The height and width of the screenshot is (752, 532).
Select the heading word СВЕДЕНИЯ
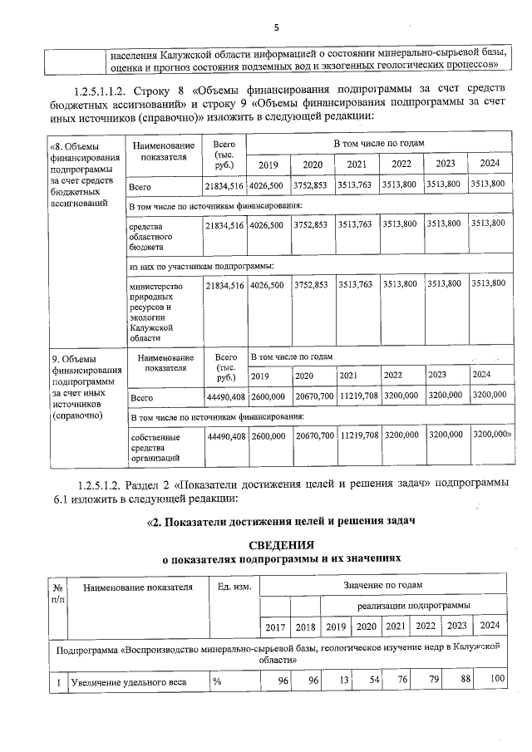[x=283, y=545]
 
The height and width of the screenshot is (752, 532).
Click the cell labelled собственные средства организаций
[x=153, y=447]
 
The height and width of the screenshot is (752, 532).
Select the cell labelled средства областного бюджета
[x=150, y=236]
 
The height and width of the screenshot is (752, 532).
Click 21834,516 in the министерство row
[x=224, y=285]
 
